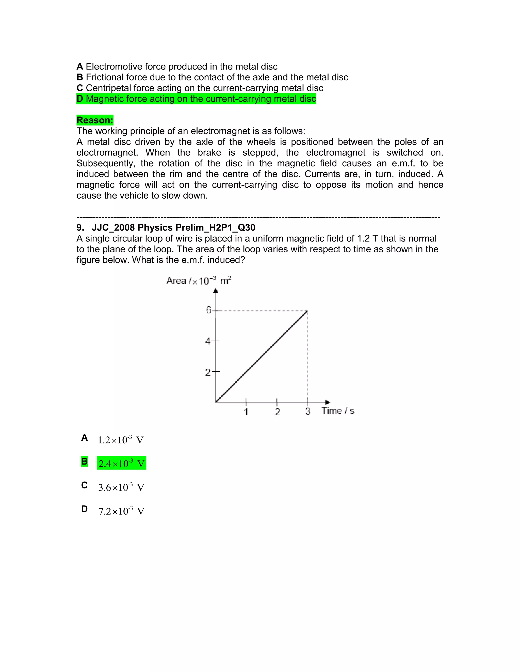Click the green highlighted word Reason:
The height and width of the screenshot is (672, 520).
tap(95, 120)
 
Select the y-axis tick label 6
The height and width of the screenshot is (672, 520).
tap(208, 310)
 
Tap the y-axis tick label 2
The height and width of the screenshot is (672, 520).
tap(208, 372)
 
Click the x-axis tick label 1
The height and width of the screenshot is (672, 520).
tap(246, 412)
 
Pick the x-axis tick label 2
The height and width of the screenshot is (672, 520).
tap(277, 412)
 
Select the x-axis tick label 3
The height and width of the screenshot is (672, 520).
tap(307, 411)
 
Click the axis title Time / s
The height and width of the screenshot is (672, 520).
tap(338, 411)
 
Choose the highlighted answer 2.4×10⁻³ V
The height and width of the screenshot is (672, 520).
tap(121, 463)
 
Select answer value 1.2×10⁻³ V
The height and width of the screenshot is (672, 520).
tap(120, 440)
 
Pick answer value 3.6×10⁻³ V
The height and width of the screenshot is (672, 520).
tap(121, 487)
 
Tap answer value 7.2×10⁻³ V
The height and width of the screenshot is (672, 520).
tap(121, 511)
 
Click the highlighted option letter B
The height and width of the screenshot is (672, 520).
tap(84, 462)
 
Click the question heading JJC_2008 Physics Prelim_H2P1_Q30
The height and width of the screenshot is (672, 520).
tap(173, 228)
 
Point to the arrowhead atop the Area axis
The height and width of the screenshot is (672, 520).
tap(216, 290)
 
